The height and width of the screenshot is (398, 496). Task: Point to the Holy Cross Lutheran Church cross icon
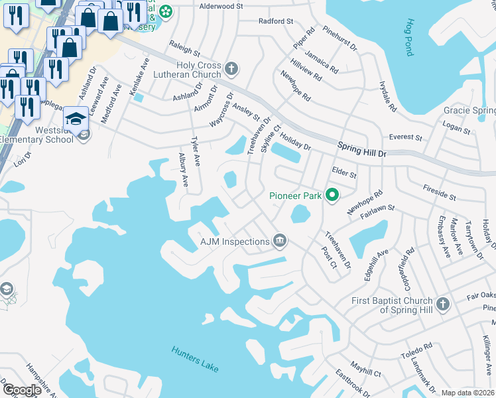point(232,68)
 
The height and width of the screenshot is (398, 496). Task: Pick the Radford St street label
point(276,21)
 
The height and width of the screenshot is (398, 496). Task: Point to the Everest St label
point(405,137)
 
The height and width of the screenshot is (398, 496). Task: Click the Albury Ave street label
point(184,171)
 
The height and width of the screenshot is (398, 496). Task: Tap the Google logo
point(22,390)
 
